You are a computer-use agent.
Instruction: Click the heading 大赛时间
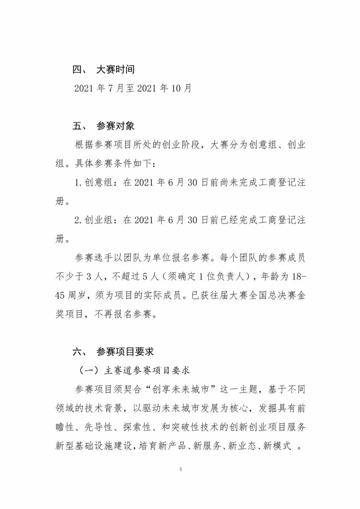click(115, 70)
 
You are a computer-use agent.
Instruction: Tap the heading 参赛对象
click(115, 126)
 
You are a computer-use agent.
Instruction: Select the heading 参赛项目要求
click(125, 351)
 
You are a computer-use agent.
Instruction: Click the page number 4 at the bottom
click(180, 469)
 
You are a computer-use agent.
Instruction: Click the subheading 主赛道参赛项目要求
click(147, 370)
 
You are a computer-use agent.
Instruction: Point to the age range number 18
click(297, 276)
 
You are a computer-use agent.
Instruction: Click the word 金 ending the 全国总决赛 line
click(301, 295)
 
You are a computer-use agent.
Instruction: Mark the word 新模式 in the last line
click(277, 446)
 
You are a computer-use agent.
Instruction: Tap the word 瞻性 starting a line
click(65, 427)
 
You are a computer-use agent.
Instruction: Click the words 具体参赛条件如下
click(114, 164)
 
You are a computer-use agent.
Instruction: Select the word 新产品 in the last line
click(172, 446)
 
